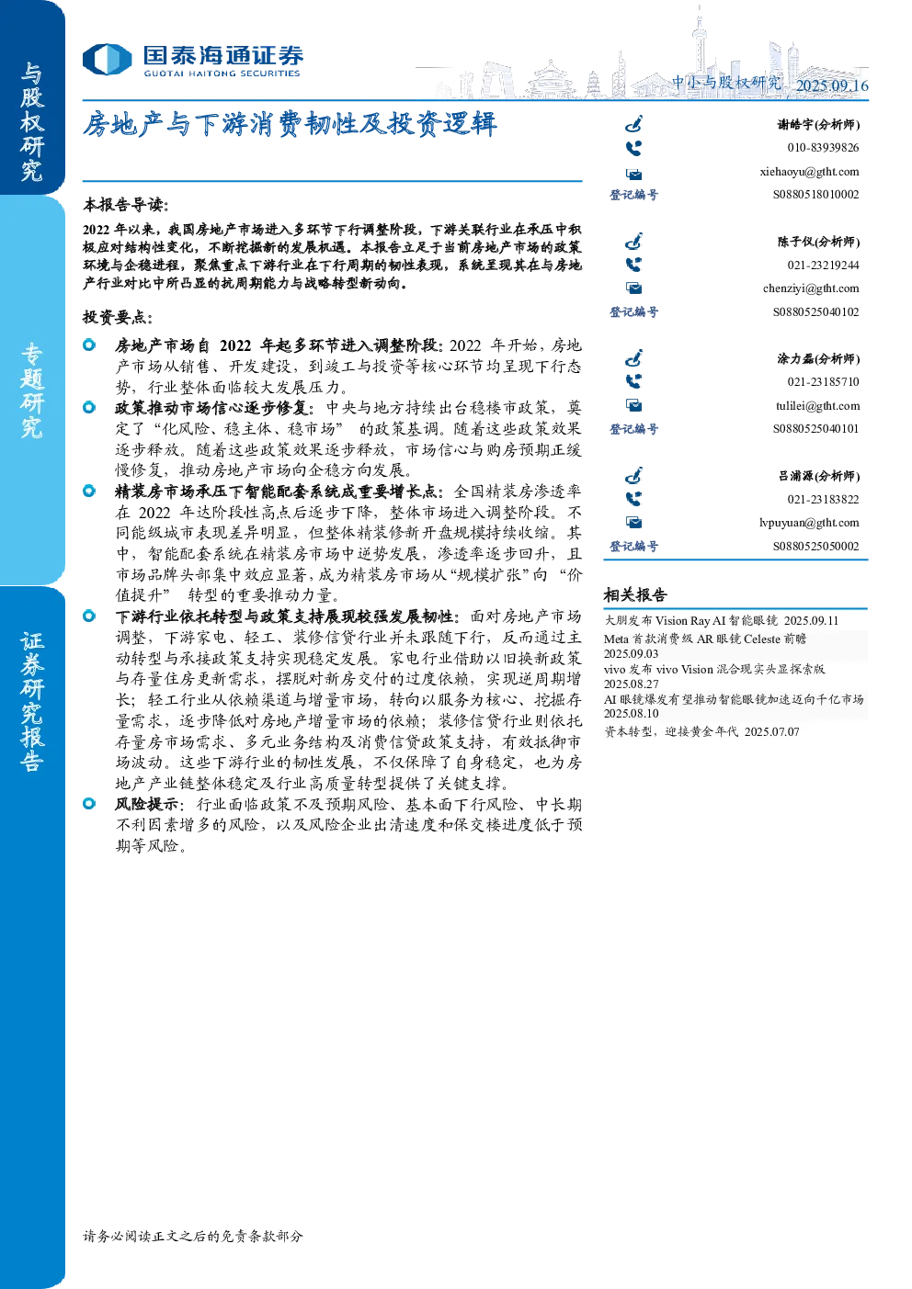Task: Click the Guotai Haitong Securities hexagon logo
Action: pos(107,60)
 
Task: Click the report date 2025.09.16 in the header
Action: pos(831,85)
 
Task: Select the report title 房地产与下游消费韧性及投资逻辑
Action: pos(290,124)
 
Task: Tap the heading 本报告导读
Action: pos(126,204)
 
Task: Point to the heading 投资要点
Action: pos(118,317)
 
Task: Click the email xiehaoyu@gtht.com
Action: pos(809,172)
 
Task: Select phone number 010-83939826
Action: pos(823,148)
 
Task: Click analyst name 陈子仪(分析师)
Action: pos(818,242)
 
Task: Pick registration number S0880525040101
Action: pos(815,429)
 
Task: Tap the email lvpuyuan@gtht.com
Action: pos(809,523)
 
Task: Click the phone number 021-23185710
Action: pos(823,382)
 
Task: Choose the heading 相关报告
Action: pos(635,594)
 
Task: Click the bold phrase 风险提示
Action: pos(146,804)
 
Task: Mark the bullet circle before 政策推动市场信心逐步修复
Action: pos(89,407)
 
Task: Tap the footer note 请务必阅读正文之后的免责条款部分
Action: pos(192,1236)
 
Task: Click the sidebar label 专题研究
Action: pos(31,390)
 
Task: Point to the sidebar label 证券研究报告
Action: pos(31,702)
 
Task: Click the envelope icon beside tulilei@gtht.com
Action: pos(633,406)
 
